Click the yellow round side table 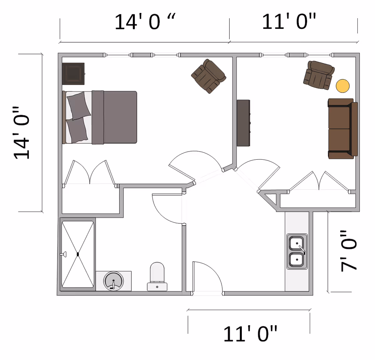[343, 86]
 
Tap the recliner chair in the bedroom [209, 76]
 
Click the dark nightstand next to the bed [73, 73]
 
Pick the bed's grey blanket [114, 117]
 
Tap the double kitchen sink [297, 251]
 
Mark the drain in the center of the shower [78, 254]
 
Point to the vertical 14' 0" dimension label [22, 133]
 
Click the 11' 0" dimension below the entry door [250, 334]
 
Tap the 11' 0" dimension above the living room [289, 22]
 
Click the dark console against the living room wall [243, 123]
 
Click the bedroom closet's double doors [90, 173]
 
